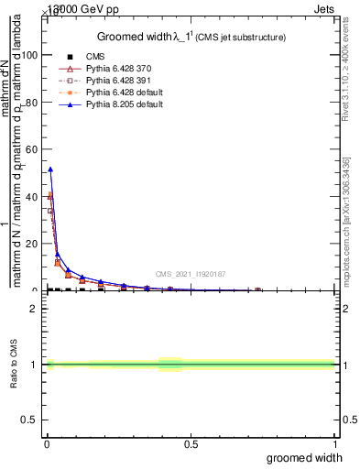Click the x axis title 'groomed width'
tap(304, 457)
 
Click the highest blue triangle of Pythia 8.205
tap(50, 169)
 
